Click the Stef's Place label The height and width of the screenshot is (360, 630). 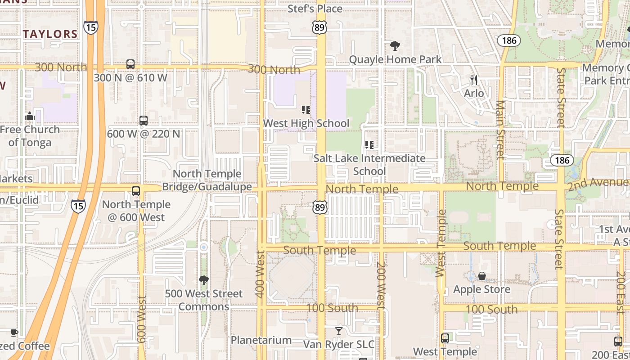315,9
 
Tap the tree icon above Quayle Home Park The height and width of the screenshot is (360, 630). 395,45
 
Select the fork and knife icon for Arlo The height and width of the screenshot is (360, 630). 474,80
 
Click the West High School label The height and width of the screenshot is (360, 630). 306,123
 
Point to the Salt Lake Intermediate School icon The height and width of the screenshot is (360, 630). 369,145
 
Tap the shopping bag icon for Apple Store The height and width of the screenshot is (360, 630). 482,276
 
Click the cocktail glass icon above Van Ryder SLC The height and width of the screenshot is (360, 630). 338,331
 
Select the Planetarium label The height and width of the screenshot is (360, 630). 261,340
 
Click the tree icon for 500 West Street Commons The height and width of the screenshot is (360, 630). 203,280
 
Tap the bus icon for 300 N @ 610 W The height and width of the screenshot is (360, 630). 130,64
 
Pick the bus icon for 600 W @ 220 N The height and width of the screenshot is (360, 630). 143,121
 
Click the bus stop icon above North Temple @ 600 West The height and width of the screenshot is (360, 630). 136,191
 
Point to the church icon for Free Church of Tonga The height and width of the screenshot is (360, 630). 30,117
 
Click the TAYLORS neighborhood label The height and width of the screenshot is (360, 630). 50,34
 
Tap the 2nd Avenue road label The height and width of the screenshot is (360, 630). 598,183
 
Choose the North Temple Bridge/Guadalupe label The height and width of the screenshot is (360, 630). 207,180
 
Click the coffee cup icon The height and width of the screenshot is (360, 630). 14,333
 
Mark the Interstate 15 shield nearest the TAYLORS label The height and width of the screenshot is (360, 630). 90,27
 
